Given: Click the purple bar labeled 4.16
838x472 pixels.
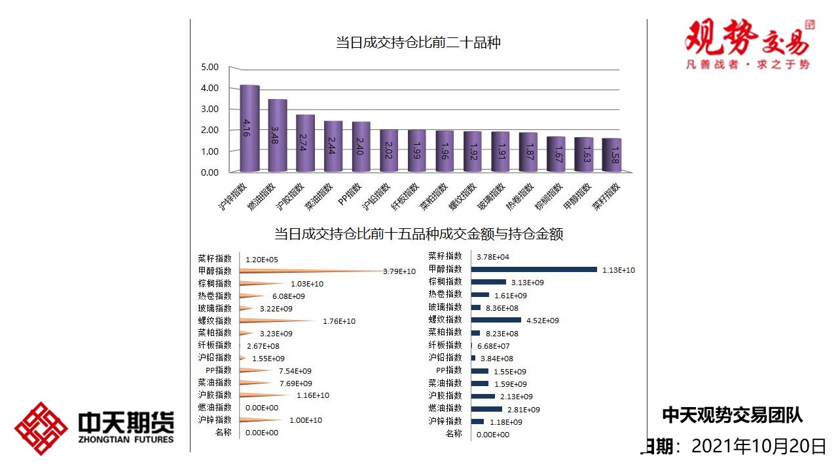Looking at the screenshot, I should [249, 128].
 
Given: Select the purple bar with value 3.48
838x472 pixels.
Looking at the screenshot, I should [278, 135].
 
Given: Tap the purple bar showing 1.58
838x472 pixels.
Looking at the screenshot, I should [611, 155].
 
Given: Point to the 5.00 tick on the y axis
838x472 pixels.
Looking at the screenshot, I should [209, 67].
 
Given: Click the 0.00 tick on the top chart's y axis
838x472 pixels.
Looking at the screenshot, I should [209, 172].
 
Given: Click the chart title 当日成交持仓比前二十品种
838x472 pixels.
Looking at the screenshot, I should [418, 43].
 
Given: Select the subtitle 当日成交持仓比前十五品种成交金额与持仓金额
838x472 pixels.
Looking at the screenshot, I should [418, 234].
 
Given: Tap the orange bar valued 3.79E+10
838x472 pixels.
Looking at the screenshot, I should [308, 271].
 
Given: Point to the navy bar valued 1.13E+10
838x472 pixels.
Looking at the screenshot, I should [534, 269].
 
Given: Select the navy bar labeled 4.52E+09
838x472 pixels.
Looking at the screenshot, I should [496, 320].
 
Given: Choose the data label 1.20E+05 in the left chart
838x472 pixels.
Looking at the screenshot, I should [261, 260].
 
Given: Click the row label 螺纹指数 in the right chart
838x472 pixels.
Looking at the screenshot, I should [445, 320].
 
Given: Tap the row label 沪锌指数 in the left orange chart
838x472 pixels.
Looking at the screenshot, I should [215, 420].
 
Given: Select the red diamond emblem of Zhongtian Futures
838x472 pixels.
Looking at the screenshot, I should [41, 429].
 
